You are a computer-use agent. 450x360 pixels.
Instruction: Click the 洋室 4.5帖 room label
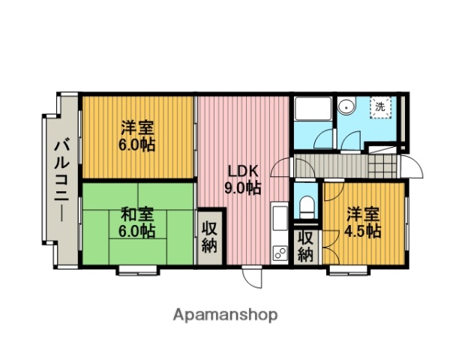click(x=363, y=221)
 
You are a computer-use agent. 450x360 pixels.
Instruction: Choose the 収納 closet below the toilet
click(x=306, y=246)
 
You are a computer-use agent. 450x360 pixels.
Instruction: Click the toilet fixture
click(x=306, y=205)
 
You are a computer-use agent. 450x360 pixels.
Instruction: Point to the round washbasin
click(x=347, y=107)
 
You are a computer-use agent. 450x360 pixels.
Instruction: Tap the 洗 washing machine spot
click(x=381, y=107)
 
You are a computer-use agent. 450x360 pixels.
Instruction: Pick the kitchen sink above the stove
click(x=280, y=221)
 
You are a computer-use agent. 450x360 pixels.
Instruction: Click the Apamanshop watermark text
click(x=226, y=315)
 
